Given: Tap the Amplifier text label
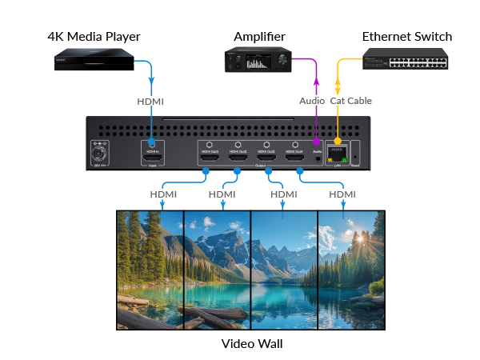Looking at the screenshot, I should [x=259, y=37].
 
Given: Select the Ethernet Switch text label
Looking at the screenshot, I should [x=407, y=37].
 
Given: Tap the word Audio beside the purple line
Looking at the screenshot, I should [x=312, y=101].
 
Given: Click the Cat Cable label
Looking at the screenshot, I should [x=351, y=101].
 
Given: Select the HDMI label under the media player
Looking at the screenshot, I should [x=152, y=102].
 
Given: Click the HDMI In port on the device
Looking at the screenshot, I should [x=152, y=150].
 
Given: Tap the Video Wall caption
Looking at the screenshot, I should [x=252, y=345].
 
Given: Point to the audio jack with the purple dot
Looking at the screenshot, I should [x=318, y=157].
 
